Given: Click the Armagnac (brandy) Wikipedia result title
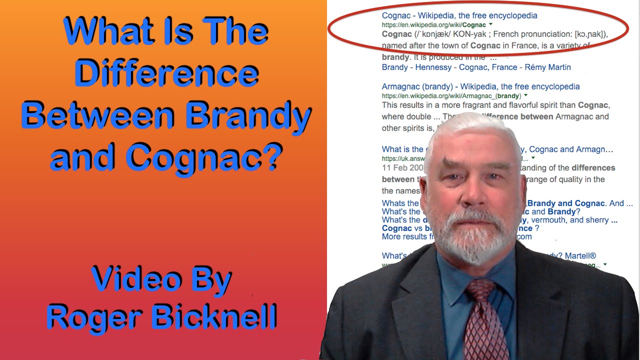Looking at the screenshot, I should pyautogui.click(x=480, y=86).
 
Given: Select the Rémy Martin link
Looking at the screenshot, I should pyautogui.click(x=547, y=67).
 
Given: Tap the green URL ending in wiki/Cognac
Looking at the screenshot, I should pyautogui.click(x=434, y=24).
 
